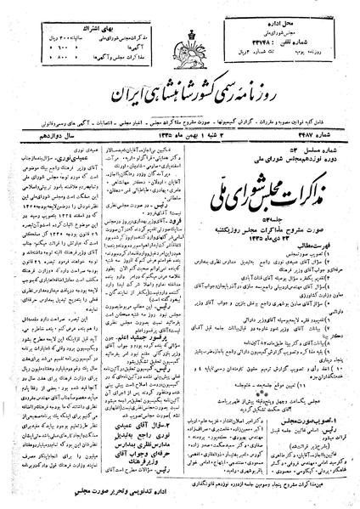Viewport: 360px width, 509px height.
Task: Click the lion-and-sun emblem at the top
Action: coord(180,38)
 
